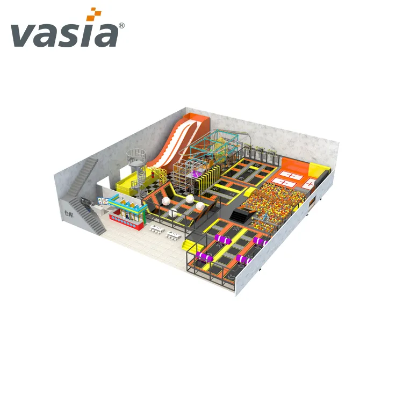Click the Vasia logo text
click(x=63, y=34)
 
